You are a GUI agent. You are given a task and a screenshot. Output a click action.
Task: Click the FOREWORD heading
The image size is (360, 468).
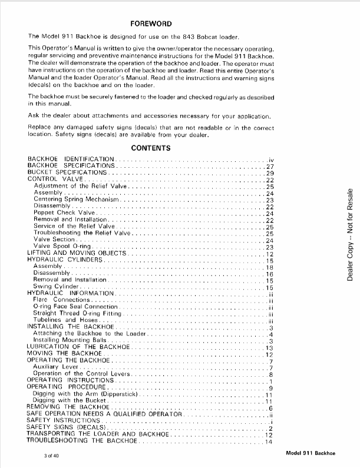pos(151,24)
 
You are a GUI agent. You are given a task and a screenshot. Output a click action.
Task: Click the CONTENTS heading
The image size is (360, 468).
pos(151,148)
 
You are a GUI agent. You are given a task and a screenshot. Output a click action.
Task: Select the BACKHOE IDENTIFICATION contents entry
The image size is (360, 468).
pos(71,160)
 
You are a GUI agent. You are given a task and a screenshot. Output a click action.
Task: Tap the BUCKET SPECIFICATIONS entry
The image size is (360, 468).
pos(68,172)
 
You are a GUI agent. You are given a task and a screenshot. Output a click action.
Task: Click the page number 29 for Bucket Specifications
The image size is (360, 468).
pos(270,173)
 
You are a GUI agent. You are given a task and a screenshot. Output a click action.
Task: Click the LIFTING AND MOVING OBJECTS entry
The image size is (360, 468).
pos(77,253)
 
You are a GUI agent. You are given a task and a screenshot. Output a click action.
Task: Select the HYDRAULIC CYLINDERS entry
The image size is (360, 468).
pos(65,260)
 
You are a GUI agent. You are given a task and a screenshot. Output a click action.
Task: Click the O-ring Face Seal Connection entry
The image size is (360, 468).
pos(76,307)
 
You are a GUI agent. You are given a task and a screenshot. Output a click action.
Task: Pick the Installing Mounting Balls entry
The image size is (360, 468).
pos(71,340)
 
